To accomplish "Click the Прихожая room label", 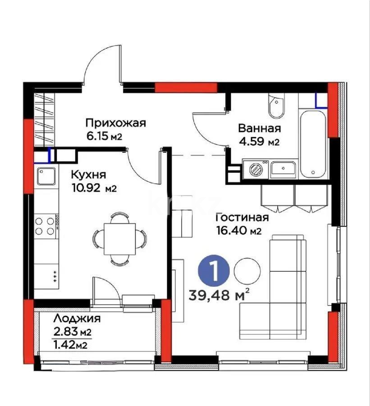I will pyautogui.click(x=116, y=123).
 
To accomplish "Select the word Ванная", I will pyautogui.click(x=260, y=128).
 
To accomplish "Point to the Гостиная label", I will pyautogui.click(x=242, y=218).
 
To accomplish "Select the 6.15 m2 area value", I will pyautogui.click(x=104, y=136).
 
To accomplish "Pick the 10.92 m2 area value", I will pyautogui.click(x=94, y=188).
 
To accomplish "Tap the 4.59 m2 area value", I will pyautogui.click(x=259, y=142).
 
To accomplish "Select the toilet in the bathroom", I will pyautogui.click(x=274, y=106).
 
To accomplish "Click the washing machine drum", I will pyautogui.click(x=256, y=169).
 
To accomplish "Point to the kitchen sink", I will pyautogui.click(x=46, y=176).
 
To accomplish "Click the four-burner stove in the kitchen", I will pyautogui.click(x=45, y=226).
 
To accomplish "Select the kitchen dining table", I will pyautogui.click(x=119, y=238).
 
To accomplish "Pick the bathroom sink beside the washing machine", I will pyautogui.click(x=283, y=169).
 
